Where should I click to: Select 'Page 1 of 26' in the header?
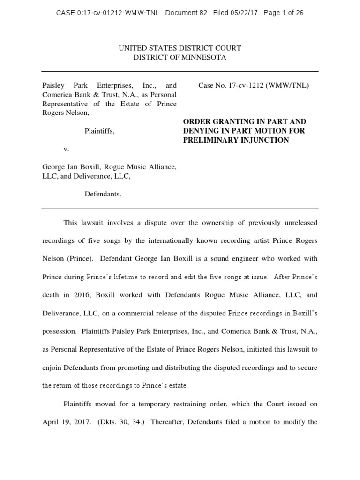(284, 13)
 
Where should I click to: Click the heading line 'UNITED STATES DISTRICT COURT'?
(180, 48)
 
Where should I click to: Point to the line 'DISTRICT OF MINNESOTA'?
(180, 57)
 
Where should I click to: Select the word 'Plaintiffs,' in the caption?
(99, 131)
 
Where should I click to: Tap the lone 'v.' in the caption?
(66, 149)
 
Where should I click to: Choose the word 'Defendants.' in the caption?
(103, 194)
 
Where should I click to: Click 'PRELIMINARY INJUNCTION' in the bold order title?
(236, 140)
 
